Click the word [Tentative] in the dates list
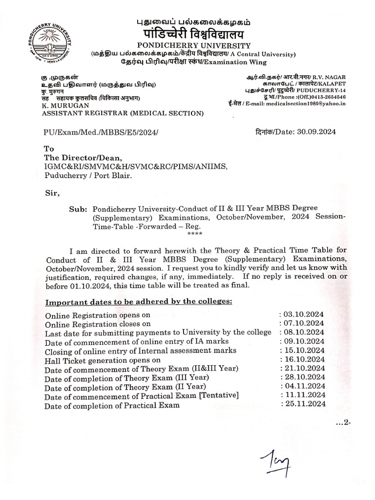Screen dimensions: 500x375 [215, 396]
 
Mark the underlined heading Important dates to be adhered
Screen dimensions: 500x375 [139, 301]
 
